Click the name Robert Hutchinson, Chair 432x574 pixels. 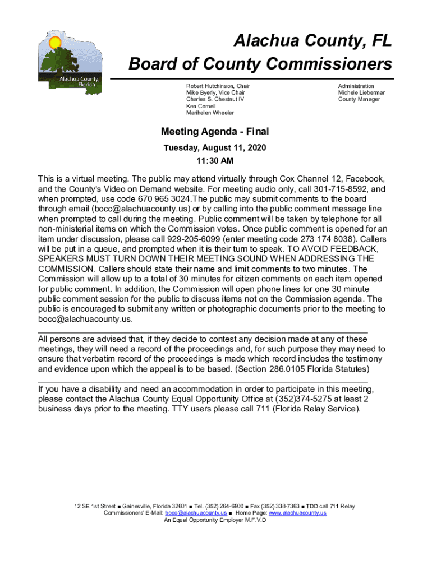coord(218,86)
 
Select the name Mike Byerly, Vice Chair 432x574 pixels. coord(215,92)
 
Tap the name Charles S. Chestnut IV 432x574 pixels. coord(215,99)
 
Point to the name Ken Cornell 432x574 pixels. coord(201,106)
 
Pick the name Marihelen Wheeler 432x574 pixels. coord(210,113)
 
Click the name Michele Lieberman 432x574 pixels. coord(362,92)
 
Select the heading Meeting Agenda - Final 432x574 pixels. coord(215,132)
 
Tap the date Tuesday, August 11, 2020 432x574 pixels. coord(214,148)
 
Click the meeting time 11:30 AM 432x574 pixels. coord(214,161)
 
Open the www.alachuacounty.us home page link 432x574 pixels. coord(297,513)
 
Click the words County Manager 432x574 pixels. coord(359,99)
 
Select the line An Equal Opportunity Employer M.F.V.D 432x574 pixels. coord(214,520)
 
